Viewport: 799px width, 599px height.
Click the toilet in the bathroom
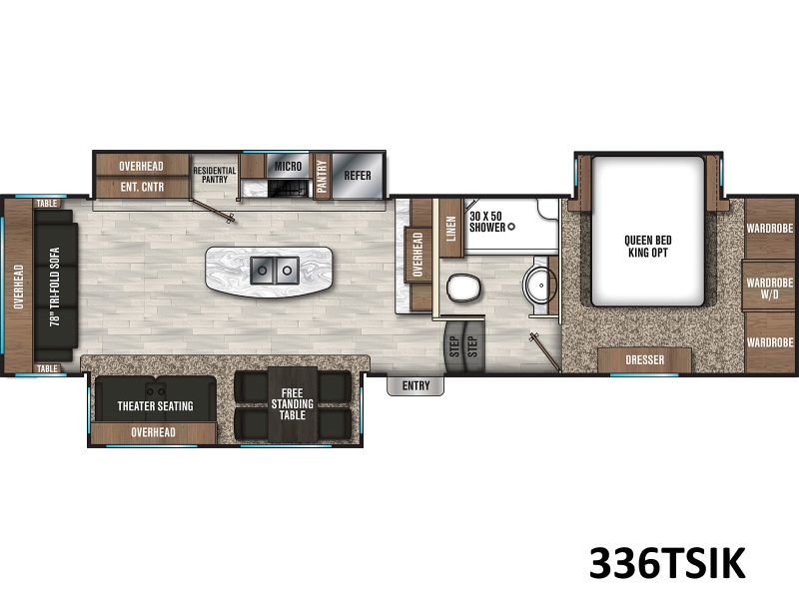[x=463, y=288]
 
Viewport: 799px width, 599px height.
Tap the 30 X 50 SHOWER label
[x=487, y=222]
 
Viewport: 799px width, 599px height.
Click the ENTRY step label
[x=415, y=385]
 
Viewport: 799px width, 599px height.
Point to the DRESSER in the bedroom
[x=644, y=360]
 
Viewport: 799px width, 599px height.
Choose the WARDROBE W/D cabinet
[x=769, y=287]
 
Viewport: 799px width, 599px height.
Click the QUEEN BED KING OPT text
[x=647, y=246]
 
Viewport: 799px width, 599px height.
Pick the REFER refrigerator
[x=358, y=176]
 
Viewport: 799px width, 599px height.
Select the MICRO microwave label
[x=288, y=166]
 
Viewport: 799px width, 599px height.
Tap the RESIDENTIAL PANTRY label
[x=215, y=175]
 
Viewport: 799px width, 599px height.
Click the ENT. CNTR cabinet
[x=142, y=187]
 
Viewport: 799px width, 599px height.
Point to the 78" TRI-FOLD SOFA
[x=55, y=286]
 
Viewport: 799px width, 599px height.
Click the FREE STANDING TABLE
[x=292, y=404]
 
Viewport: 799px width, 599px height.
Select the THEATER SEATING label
[x=156, y=406]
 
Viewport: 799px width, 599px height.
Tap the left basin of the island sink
[x=263, y=271]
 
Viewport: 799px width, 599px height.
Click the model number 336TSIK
[x=667, y=563]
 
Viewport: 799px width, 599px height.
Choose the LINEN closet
[x=451, y=229]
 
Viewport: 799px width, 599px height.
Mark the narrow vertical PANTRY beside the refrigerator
[x=322, y=176]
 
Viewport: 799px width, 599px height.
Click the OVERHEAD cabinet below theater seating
[x=153, y=432]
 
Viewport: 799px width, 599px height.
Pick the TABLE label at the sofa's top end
[x=47, y=204]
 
